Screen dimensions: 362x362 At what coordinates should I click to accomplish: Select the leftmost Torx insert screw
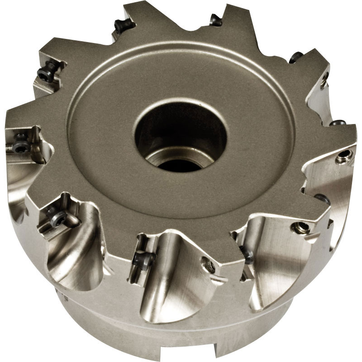tap(20, 146)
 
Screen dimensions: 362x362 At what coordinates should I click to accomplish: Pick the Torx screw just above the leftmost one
tap(45, 72)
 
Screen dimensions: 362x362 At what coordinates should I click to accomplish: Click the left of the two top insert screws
tap(123, 26)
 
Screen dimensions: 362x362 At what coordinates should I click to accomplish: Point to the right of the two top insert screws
tap(214, 19)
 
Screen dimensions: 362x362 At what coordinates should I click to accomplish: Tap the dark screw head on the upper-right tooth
tap(296, 57)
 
